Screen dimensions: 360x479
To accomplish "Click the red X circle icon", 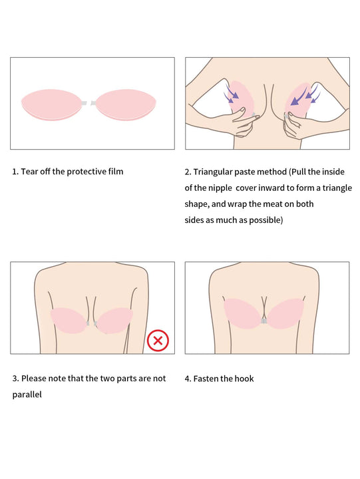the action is [x=158, y=341].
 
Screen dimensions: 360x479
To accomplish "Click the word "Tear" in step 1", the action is [x=29, y=172].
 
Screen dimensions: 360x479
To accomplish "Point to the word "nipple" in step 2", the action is [x=220, y=188].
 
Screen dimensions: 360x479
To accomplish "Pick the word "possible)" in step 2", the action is [x=266, y=220].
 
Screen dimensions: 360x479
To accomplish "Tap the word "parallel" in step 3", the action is [x=27, y=395].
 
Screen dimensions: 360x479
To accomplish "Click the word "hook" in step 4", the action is [x=244, y=379].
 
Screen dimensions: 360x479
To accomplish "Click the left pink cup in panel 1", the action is [x=52, y=105].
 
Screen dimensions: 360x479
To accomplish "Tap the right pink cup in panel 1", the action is [x=126, y=105].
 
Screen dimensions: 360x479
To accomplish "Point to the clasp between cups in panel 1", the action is [x=89, y=103].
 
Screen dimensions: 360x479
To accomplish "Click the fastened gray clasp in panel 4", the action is [x=264, y=321].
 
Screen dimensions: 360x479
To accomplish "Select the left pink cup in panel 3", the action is [x=69, y=320].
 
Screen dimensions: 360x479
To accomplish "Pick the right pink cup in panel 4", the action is [x=285, y=313].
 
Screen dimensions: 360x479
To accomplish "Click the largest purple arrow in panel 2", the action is [x=298, y=96].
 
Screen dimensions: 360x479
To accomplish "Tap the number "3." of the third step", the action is [x=15, y=379].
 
